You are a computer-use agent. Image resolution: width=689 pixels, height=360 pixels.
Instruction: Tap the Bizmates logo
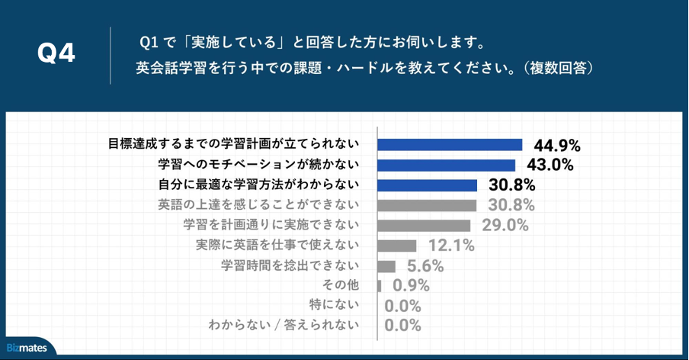coord(27,348)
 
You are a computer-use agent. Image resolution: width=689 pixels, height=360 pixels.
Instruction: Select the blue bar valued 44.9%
coord(450,144)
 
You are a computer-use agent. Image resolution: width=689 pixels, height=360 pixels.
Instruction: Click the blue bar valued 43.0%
coord(447,165)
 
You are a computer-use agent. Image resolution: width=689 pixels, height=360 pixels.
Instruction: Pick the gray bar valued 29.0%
coord(425,225)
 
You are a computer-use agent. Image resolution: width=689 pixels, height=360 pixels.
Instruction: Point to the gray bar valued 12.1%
coord(397,246)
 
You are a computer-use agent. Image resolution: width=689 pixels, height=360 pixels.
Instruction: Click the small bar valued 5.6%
coord(386,266)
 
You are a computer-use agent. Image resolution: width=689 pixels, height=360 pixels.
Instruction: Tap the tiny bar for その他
coord(380,286)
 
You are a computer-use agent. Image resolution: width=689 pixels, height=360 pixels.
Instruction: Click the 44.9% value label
coord(557,145)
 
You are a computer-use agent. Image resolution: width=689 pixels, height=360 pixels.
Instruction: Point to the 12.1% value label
coord(451,246)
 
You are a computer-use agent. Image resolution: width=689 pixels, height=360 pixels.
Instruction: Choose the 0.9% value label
coord(412,286)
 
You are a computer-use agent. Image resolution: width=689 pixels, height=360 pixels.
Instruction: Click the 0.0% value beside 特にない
coord(403,306)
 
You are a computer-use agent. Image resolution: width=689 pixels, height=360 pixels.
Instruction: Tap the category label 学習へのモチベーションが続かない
coord(258,164)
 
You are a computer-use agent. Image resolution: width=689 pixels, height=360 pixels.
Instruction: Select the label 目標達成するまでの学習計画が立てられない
coord(233,143)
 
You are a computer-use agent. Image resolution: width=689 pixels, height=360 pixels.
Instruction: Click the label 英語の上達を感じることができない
coord(258,204)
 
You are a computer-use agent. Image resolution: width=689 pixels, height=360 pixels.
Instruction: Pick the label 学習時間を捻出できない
coord(290,265)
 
